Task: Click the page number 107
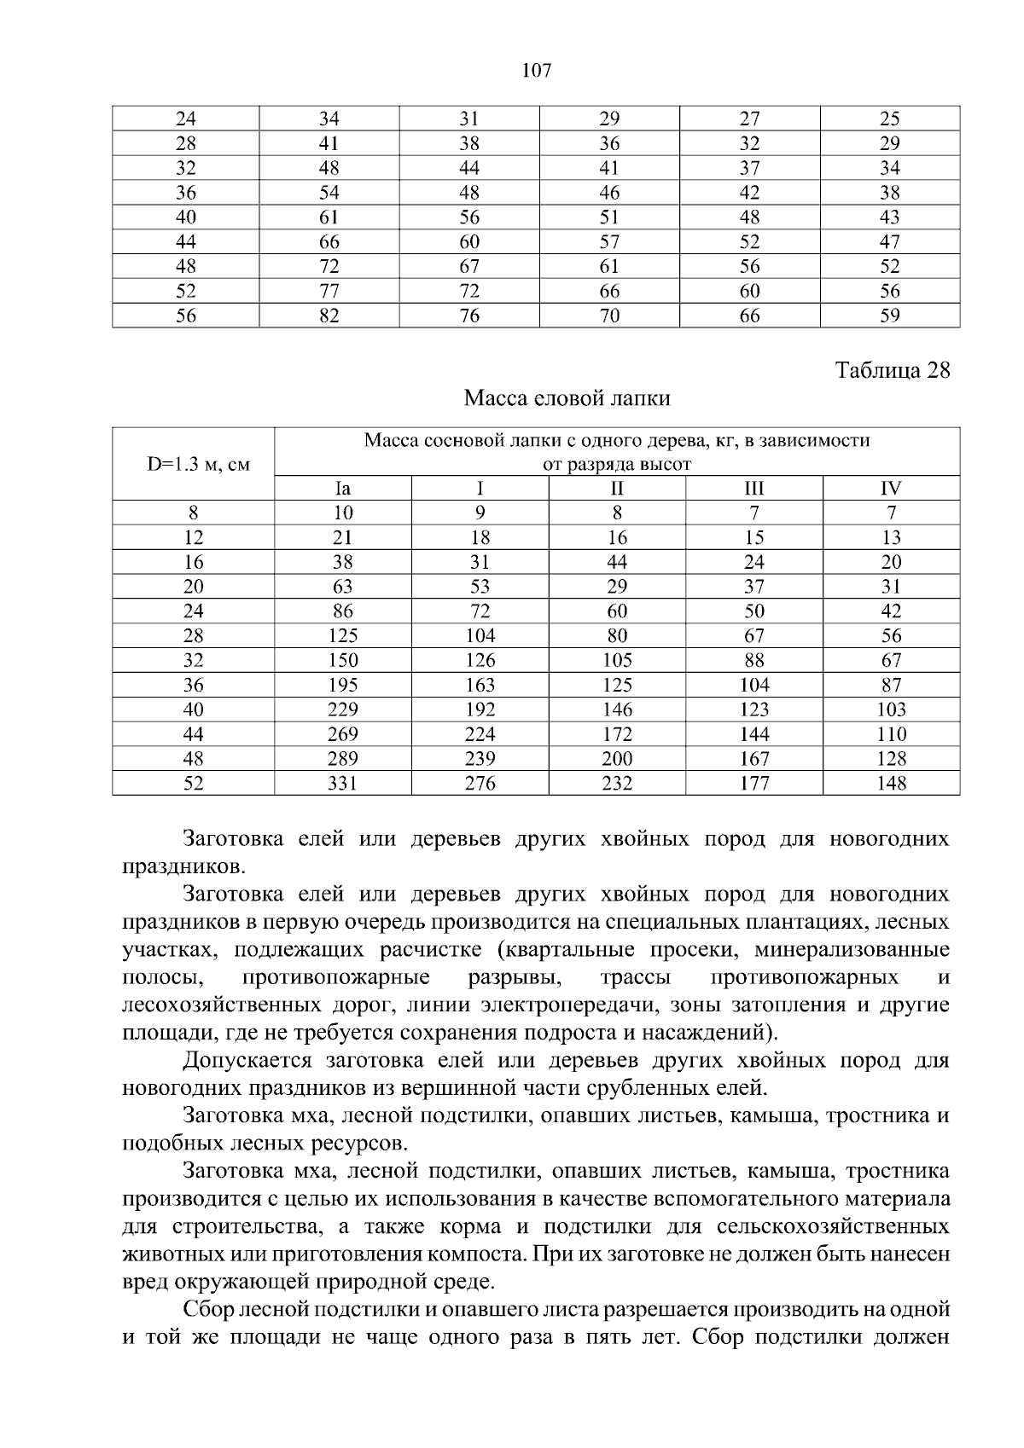tap(537, 71)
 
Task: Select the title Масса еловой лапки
tap(567, 398)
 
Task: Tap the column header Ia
tap(343, 489)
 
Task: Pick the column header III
tap(753, 489)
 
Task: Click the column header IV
tap(891, 489)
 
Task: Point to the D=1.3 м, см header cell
tap(194, 465)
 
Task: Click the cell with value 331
tap(343, 783)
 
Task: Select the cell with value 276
tap(480, 783)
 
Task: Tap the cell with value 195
tap(343, 685)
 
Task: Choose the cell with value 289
tap(343, 758)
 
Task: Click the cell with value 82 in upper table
tap(329, 316)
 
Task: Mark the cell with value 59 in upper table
tap(890, 316)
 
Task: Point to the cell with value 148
tap(891, 783)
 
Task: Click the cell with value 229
tap(343, 710)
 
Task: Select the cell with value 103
tap(891, 710)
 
